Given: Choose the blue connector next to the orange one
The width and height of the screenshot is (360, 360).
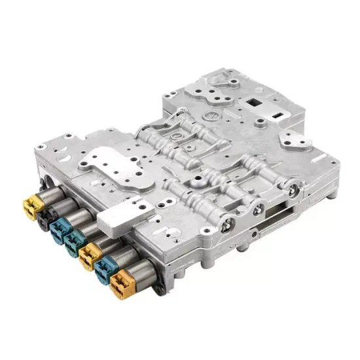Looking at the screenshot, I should click(x=105, y=268).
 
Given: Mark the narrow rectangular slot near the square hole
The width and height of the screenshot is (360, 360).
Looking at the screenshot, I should click(x=282, y=115).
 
